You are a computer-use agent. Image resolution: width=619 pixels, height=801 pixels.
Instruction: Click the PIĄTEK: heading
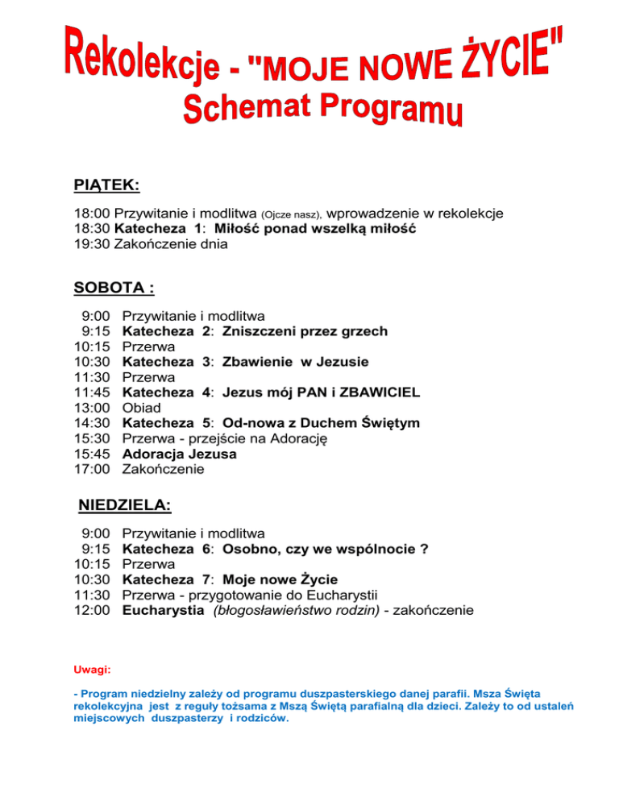(x=106, y=185)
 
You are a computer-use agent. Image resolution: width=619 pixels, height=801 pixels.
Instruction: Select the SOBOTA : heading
(x=114, y=287)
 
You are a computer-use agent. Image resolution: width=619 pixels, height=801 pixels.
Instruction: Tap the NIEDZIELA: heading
(x=124, y=506)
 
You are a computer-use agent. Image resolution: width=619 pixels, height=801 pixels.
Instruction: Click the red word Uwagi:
(x=92, y=670)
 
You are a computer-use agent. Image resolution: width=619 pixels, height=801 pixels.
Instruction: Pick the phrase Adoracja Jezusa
(x=168, y=454)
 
